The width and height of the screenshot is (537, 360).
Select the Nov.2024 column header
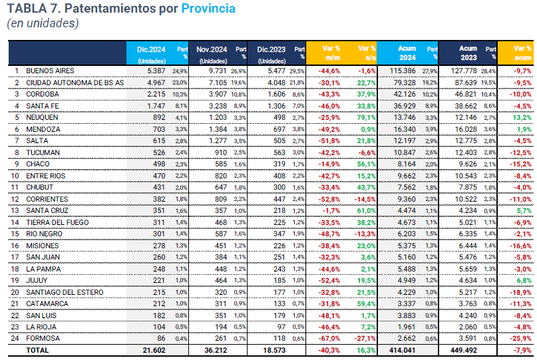(x=212, y=49)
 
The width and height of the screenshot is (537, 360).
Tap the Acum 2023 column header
(x=468, y=53)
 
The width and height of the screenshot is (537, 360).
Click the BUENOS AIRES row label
(x=50, y=71)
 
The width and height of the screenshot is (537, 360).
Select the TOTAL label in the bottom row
(x=37, y=349)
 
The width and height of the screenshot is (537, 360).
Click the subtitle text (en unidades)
(x=43, y=23)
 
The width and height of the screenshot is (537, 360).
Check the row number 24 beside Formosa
(x=16, y=339)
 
